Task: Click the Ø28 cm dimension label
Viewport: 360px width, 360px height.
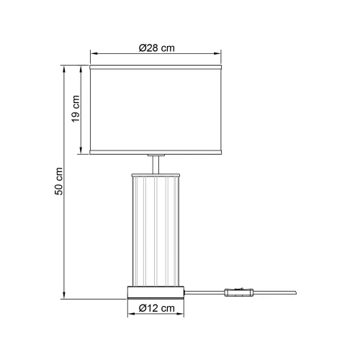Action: point(157,48)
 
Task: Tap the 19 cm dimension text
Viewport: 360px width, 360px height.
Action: point(75,109)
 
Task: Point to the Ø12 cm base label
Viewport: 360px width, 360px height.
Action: point(156,308)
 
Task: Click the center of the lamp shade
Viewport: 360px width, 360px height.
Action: point(157,109)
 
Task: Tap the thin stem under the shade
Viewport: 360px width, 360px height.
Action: point(157,163)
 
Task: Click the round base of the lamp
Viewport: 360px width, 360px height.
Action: point(157,292)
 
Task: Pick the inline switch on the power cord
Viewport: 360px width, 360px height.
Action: point(239,292)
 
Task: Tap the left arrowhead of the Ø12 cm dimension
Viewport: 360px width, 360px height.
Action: point(130,315)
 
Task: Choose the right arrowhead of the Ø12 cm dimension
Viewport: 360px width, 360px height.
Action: point(184,315)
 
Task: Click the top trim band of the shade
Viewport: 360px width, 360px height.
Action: point(157,68)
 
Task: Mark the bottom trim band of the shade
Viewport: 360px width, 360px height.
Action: point(157,152)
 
